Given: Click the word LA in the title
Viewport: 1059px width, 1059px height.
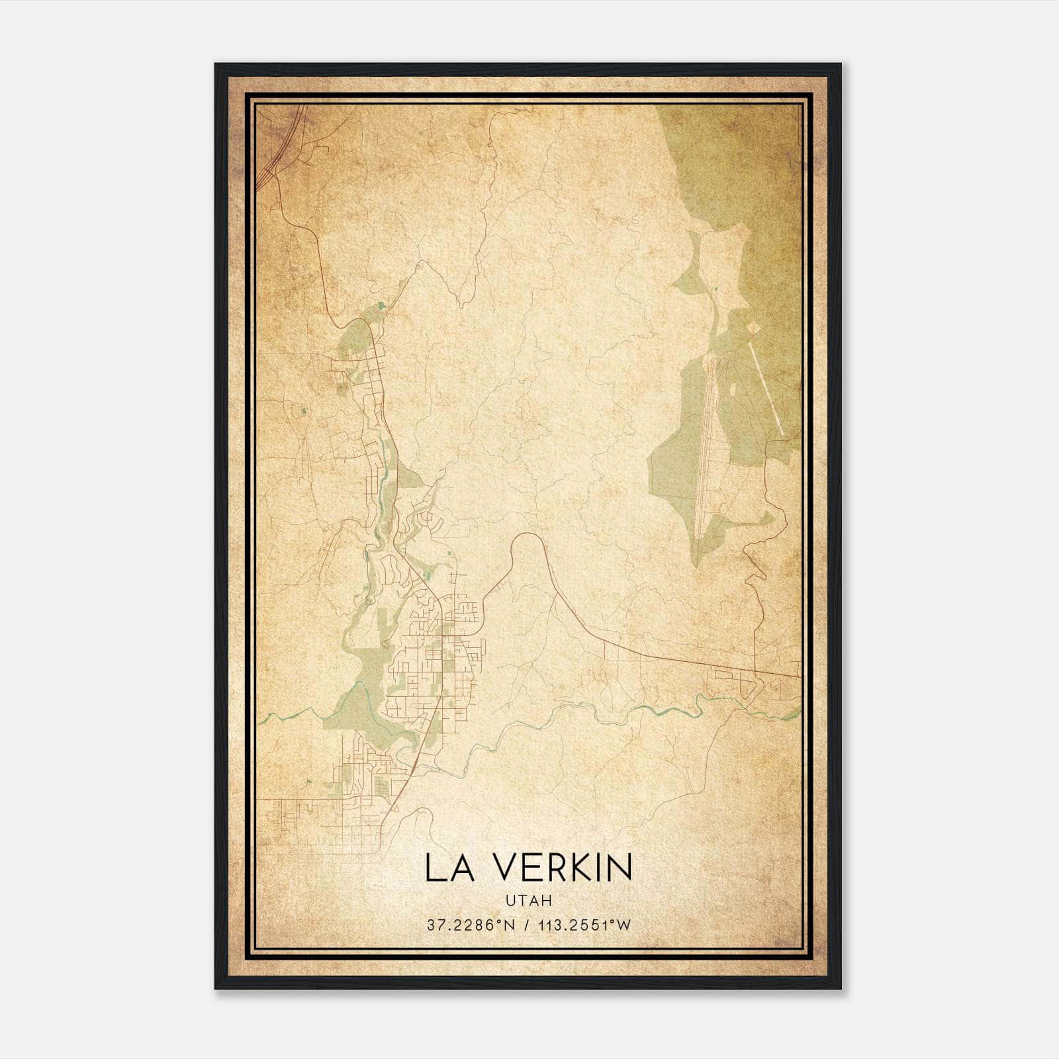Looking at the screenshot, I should (449, 868).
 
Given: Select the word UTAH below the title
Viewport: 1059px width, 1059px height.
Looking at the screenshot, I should (528, 901).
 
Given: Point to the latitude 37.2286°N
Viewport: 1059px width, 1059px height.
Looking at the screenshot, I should (471, 925).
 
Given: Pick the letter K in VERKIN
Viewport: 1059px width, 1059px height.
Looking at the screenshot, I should (584, 868).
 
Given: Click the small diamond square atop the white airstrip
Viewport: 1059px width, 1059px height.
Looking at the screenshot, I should (751, 328).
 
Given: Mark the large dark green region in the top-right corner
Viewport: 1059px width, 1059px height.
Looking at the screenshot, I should (755, 159).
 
